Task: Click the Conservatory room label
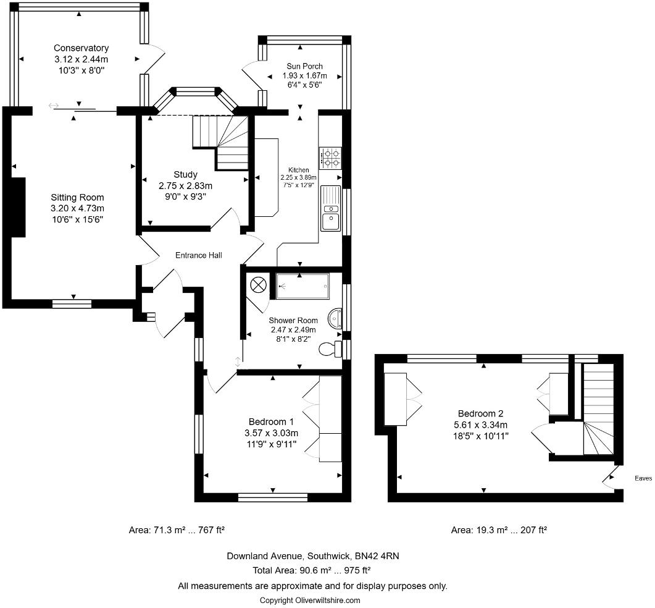point(81,48)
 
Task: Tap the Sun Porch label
point(304,66)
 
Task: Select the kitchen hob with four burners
point(331,158)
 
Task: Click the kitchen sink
point(331,208)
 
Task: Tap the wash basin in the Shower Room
point(335,319)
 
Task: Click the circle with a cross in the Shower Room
point(258,285)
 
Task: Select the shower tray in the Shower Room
point(302,286)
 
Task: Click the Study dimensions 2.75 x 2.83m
point(185,185)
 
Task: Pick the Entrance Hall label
point(198,255)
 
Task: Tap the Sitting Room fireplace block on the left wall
point(19,208)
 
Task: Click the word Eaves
point(643,478)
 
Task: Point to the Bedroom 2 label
point(481,413)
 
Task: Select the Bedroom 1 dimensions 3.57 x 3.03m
point(272,433)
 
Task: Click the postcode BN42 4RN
point(377,555)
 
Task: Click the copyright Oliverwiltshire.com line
point(310,600)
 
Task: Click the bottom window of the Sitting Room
point(72,303)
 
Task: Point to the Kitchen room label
point(299,170)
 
